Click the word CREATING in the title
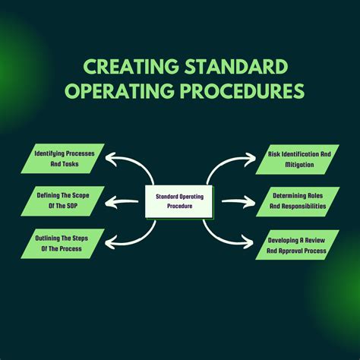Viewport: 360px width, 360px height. [131, 66]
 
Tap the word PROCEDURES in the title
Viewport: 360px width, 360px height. [242, 90]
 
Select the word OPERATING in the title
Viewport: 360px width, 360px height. [120, 90]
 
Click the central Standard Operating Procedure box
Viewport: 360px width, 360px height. [178, 201]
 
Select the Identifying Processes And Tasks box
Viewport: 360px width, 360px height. [62, 159]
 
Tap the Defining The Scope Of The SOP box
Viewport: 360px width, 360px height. [62, 201]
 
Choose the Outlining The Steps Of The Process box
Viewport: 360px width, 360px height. [62, 244]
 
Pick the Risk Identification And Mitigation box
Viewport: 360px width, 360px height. [298, 159]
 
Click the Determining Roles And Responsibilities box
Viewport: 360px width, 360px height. [298, 202]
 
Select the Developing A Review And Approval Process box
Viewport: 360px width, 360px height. [298, 245]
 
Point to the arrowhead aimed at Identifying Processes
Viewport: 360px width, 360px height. [110, 159]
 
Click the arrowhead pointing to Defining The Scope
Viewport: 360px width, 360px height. [110, 202]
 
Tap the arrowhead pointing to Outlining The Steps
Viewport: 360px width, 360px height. [110, 242]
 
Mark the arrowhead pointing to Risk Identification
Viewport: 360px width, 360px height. [250, 159]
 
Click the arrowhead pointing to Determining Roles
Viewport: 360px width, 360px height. [249, 202]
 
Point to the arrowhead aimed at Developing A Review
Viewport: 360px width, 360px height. [248, 242]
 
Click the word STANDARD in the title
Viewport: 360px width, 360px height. [236, 66]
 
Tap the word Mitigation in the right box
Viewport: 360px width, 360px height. [299, 165]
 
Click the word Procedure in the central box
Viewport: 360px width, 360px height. [180, 206]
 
